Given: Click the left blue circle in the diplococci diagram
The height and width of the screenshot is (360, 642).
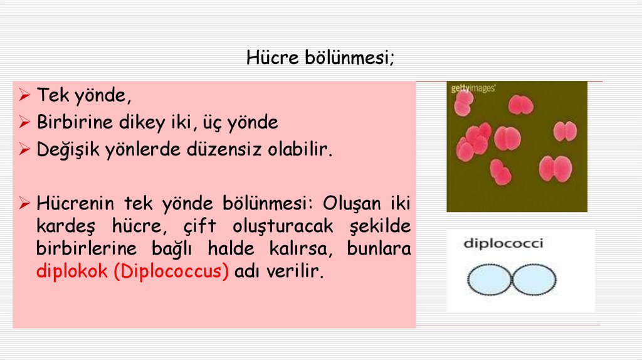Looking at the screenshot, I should (491, 278).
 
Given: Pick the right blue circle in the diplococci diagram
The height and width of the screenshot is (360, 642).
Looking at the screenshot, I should (533, 278).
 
